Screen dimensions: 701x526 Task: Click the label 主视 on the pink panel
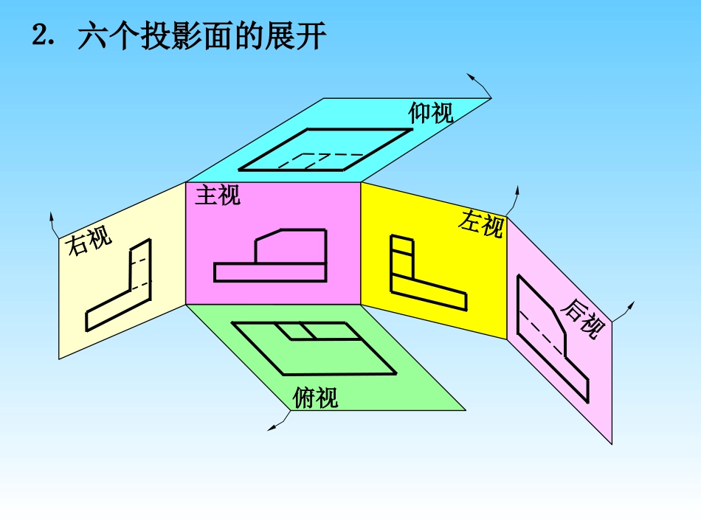(218, 195)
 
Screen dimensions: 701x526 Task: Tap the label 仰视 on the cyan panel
(431, 113)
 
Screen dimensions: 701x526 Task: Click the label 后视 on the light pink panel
(584, 318)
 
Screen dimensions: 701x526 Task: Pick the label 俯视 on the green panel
(316, 398)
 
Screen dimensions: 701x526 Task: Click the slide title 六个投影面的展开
(201, 36)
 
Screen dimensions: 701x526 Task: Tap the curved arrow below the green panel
(280, 422)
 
